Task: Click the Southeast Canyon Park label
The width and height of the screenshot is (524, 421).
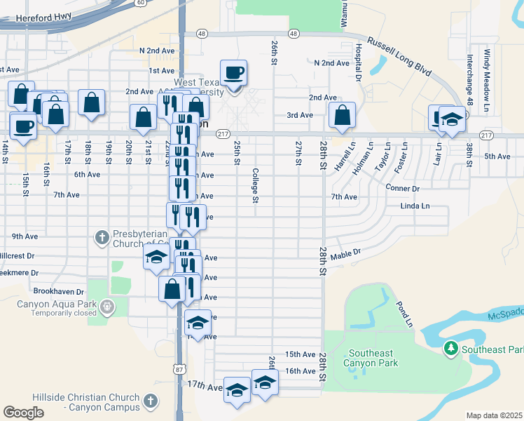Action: point(371,358)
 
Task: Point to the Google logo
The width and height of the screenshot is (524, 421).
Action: point(23,413)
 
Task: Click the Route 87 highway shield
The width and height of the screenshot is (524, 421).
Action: point(180,368)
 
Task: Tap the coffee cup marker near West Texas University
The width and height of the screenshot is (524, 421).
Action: point(233,73)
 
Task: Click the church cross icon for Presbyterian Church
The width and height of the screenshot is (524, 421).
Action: point(102,237)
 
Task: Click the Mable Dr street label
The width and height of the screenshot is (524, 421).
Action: point(345,253)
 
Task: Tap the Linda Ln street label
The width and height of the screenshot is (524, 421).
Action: point(415,206)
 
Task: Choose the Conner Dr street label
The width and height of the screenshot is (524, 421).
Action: point(402,188)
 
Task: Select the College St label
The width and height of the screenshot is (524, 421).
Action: point(256,185)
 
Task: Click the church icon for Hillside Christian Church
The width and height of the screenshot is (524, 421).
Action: point(150,401)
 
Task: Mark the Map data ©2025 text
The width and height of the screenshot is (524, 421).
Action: point(494,415)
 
